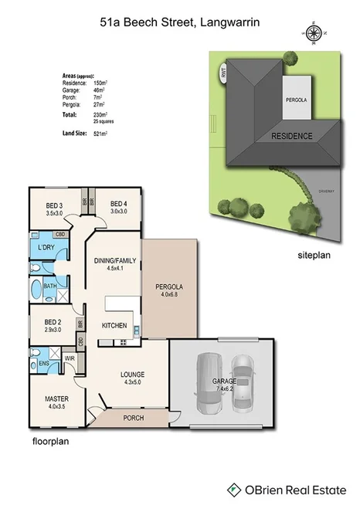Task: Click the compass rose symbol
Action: click(x=314, y=32)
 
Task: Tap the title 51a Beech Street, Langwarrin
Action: click(x=179, y=23)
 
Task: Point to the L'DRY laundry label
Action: click(x=46, y=247)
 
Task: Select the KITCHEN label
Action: click(x=114, y=326)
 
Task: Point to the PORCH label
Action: click(x=134, y=418)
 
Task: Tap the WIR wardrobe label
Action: click(x=68, y=358)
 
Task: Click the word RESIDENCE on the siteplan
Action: click(x=291, y=137)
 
